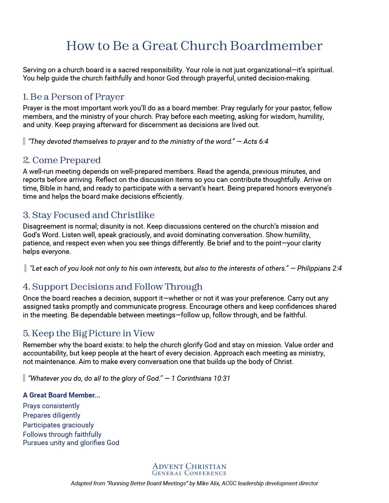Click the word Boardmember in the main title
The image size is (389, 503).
point(276,46)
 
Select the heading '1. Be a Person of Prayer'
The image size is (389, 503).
point(74,97)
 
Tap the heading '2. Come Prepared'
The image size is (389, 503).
point(62,160)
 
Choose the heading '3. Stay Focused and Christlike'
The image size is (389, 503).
point(89,215)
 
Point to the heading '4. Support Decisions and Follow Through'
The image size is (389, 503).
point(113,287)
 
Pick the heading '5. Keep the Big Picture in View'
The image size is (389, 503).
point(89,333)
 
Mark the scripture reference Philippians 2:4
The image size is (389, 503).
point(319,268)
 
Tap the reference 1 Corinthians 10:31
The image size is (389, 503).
point(200,378)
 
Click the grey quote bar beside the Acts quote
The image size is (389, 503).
point(24,141)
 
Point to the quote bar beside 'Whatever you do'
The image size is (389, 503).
point(24,378)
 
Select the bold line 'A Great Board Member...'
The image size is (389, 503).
point(62,395)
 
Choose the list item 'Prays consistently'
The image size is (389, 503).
point(51,406)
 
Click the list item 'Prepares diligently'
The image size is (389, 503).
point(52,415)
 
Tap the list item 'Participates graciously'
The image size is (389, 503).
point(58,425)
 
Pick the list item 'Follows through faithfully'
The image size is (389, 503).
point(62,434)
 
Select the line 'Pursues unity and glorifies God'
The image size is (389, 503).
point(71,443)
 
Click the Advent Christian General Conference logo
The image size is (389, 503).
point(189,469)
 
